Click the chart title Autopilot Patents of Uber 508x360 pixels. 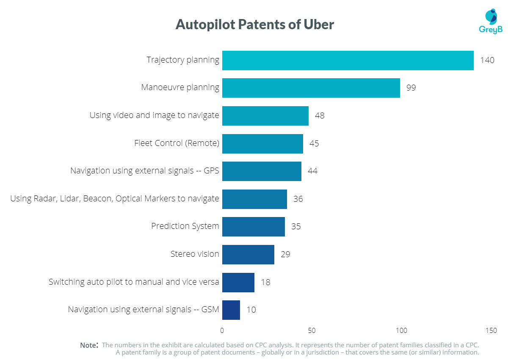pos(254,25)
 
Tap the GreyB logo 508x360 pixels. pos(490,21)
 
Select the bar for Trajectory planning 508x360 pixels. pos(348,60)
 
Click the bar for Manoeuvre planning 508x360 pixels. pos(311,88)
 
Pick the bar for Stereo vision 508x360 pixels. pos(248,254)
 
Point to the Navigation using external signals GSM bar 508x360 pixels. pos(231,310)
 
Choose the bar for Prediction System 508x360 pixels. pos(253,226)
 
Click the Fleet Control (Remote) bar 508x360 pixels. pos(262,143)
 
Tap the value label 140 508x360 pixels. pos(487,60)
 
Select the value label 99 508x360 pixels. pos(411,88)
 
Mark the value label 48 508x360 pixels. pos(320,115)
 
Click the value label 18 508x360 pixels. pos(265,282)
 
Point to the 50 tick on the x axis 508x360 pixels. pos(312,330)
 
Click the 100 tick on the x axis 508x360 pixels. pos(401,330)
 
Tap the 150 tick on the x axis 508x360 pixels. pos(491,330)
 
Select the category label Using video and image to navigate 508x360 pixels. pos(154,115)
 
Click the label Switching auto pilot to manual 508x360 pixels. pos(134,282)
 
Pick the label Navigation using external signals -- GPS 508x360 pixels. pos(144,171)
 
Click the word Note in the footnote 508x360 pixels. pos(88,345)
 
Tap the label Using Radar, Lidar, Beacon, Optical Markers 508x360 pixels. pos(114,198)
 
